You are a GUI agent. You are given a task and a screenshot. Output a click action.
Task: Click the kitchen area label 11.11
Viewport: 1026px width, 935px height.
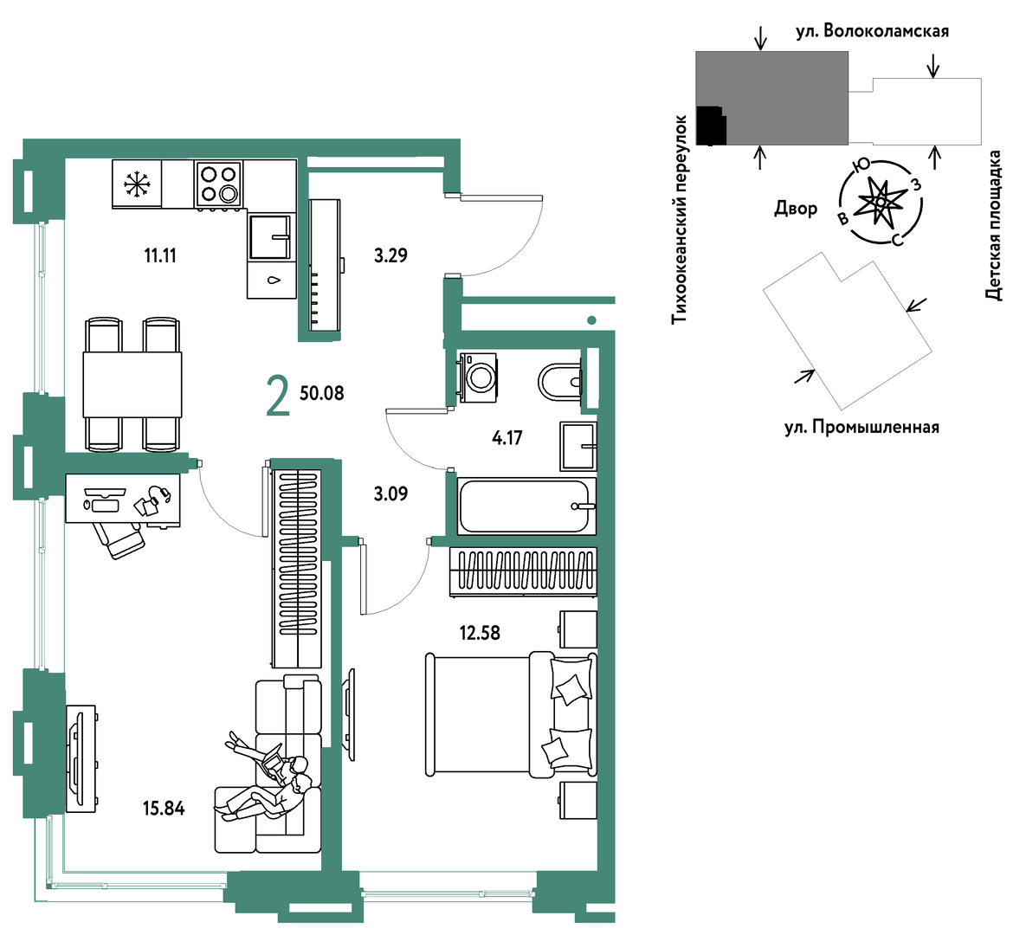click(x=160, y=255)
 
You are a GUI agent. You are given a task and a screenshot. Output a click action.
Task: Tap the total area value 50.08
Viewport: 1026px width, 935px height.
click(x=322, y=393)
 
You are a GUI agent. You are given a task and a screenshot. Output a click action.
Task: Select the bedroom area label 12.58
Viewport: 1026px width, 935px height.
click(x=480, y=633)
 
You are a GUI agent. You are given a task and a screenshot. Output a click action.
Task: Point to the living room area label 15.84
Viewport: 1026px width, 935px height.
click(x=164, y=809)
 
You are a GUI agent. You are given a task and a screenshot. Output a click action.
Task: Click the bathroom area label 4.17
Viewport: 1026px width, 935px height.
click(x=507, y=437)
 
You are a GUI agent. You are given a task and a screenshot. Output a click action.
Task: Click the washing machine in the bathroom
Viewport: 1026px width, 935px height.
click(x=478, y=377)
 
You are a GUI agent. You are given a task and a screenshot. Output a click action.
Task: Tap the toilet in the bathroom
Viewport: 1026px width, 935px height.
click(x=559, y=381)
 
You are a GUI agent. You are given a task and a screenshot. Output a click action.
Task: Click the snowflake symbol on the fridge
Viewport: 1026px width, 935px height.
click(x=137, y=184)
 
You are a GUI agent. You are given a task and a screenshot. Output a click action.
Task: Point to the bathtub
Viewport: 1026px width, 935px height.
click(x=526, y=506)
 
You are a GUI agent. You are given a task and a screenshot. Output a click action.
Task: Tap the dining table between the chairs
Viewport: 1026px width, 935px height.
click(x=132, y=384)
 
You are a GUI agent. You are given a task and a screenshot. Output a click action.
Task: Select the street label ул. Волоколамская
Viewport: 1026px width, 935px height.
click(x=872, y=31)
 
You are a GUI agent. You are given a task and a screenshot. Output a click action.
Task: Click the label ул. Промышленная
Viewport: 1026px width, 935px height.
click(x=861, y=428)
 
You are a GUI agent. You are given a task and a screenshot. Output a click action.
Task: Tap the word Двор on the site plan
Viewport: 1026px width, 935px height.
click(x=796, y=209)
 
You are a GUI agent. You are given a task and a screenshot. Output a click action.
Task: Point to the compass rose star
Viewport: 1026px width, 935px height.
click(x=881, y=203)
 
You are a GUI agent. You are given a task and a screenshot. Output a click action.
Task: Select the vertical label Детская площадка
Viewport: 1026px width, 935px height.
click(x=994, y=226)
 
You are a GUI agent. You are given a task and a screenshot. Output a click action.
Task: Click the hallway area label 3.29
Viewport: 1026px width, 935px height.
click(x=390, y=255)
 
